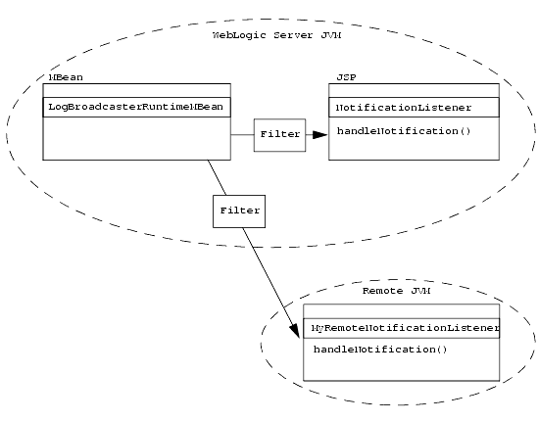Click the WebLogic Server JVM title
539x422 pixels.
point(276,35)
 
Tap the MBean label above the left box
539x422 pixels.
point(66,77)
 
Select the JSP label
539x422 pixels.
point(346,77)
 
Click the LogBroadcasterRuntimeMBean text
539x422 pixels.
point(136,107)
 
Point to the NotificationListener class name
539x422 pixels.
point(404,108)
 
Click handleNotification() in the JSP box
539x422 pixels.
point(404,131)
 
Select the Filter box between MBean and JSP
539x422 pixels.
point(280,135)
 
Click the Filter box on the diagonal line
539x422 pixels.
point(239,211)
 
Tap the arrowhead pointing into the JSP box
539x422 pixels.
point(320,135)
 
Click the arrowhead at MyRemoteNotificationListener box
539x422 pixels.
point(295,330)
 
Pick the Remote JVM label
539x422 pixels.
point(396,291)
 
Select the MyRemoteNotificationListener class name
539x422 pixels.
point(406,328)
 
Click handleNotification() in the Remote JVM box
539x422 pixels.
point(380,350)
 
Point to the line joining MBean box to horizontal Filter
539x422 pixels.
point(242,134)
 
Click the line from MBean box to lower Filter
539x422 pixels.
point(217,177)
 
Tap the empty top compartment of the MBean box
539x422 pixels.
point(137,91)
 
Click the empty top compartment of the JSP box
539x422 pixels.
point(414,91)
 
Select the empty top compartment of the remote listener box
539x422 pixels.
point(402,311)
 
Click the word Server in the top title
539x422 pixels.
point(293,35)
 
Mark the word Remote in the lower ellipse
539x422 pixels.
point(382,291)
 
